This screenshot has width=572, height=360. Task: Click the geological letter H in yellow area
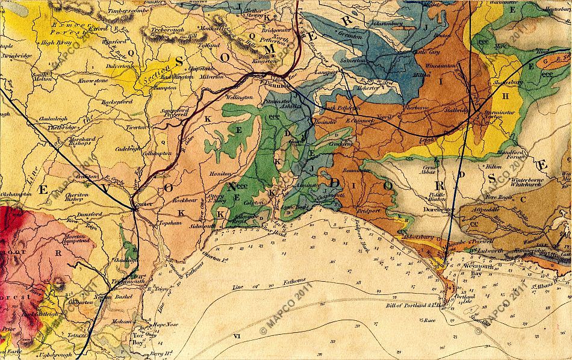pyautogui.click(x=506, y=96)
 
